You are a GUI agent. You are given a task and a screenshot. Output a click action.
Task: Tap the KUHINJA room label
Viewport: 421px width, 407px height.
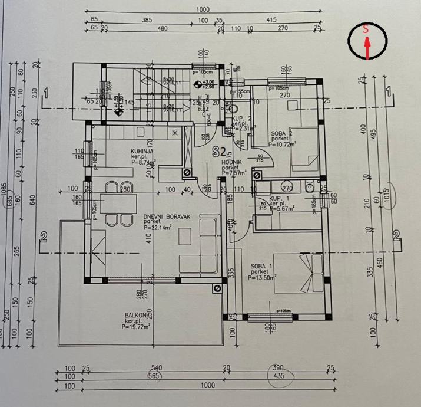click(142, 152)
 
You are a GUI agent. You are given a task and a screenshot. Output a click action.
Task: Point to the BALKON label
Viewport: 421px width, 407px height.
click(135, 315)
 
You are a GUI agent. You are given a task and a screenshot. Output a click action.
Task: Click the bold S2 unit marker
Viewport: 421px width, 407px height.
click(220, 150)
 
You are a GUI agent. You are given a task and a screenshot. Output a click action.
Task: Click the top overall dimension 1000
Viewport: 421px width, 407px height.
click(203, 9)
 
